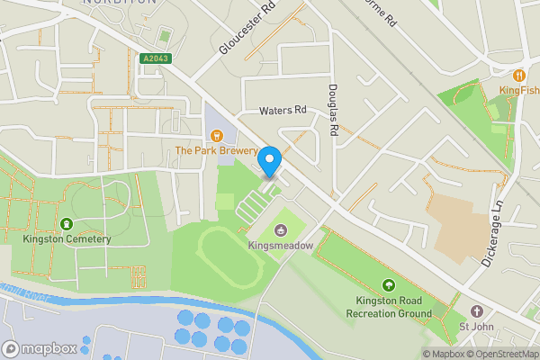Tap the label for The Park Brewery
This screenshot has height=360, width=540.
216,151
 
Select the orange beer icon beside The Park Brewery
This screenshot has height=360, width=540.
216,135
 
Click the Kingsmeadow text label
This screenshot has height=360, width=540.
281,244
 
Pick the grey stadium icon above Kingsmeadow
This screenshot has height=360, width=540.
281,229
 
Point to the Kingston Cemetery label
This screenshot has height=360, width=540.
67,239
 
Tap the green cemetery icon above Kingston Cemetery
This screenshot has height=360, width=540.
67,223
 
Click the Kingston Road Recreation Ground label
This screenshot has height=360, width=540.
389,307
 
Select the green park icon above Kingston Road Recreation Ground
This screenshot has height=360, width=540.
389,285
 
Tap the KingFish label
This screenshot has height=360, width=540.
519,90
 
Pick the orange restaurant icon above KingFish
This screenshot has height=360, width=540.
519,75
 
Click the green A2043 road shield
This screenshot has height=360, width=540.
156,59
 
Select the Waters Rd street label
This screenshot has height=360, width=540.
283,111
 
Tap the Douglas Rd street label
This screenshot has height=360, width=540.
333,111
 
